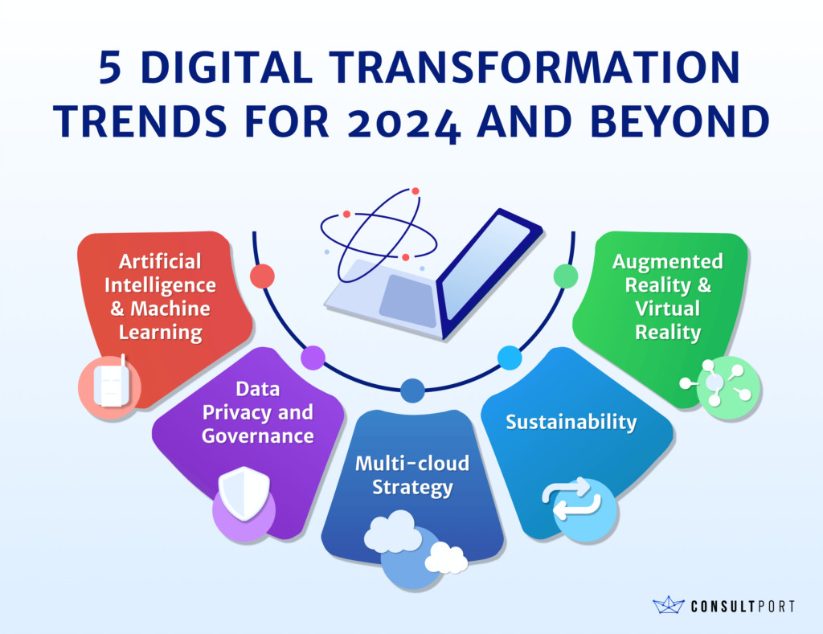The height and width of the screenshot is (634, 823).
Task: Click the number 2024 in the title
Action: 403,123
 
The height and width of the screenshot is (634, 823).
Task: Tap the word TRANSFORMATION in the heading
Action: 534,67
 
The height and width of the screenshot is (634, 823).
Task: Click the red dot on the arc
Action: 263,276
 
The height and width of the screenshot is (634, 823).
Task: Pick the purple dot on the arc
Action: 313,358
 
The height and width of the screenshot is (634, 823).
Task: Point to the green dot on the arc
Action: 566,276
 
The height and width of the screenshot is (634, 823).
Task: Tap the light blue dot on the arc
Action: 509,358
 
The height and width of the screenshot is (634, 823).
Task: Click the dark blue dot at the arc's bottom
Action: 412,391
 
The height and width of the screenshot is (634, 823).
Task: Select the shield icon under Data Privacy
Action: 244,493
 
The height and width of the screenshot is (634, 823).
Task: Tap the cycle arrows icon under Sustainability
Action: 571,498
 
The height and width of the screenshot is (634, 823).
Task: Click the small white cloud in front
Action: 446,558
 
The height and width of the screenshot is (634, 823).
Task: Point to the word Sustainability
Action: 571,422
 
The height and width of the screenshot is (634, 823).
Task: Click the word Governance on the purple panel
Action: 258,436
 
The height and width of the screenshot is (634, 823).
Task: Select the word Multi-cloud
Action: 412,464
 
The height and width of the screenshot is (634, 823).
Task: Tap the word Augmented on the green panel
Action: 668,261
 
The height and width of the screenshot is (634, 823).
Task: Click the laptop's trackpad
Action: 408,301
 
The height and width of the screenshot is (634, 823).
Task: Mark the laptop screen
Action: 485,268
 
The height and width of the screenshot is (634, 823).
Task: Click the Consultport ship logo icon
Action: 669,605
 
